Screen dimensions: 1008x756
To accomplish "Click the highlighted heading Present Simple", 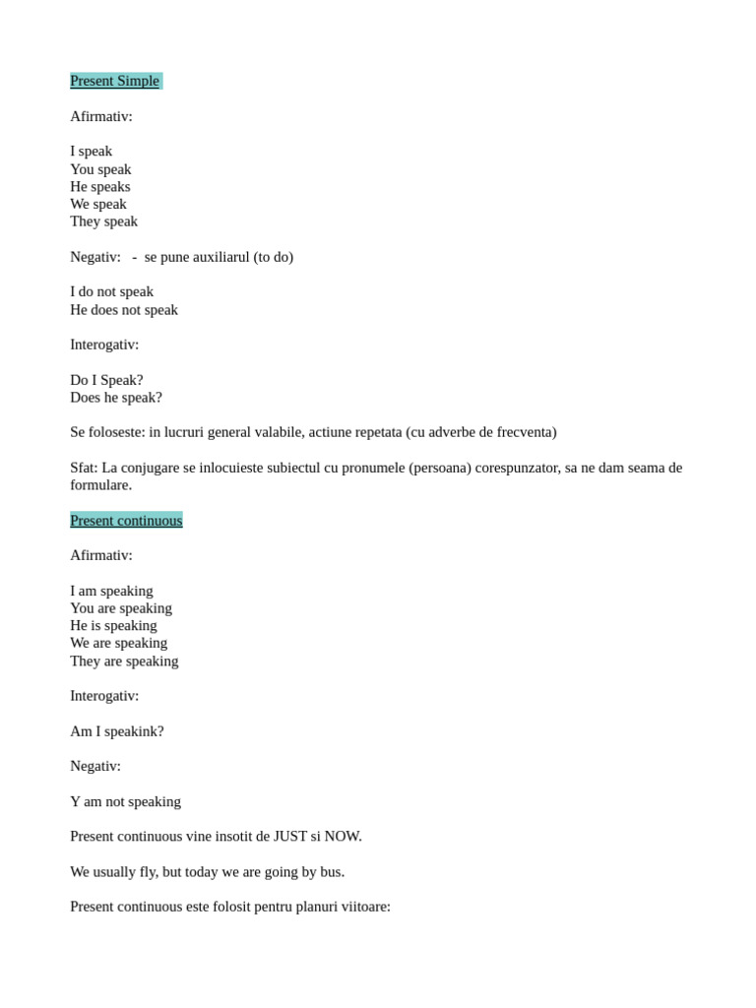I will pos(115,81).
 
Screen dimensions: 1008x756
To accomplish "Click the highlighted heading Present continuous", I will pos(126,520).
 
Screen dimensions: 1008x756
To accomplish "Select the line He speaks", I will pos(100,186).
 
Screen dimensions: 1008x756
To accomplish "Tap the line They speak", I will pos(104,221).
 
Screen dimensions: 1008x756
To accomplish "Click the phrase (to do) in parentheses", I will pos(273,257).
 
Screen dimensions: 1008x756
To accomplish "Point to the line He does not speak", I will pos(124,309).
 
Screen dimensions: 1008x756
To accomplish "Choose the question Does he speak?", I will pos(116,398).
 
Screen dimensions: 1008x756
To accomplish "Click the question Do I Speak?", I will pos(106,380).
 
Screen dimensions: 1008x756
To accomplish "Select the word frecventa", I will pos(524,432).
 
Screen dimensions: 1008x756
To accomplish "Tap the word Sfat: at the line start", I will pos(84,468).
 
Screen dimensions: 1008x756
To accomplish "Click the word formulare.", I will pos(100,485).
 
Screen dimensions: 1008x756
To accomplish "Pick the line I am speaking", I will pos(111,591).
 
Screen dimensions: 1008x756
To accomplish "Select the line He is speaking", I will pos(113,625).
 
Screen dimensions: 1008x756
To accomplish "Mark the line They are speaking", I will pos(124,661).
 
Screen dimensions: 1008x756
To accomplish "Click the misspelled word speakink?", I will pos(133,731).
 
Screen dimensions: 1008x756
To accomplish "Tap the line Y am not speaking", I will pos(125,801).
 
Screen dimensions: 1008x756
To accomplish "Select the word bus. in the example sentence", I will pos(332,872).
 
